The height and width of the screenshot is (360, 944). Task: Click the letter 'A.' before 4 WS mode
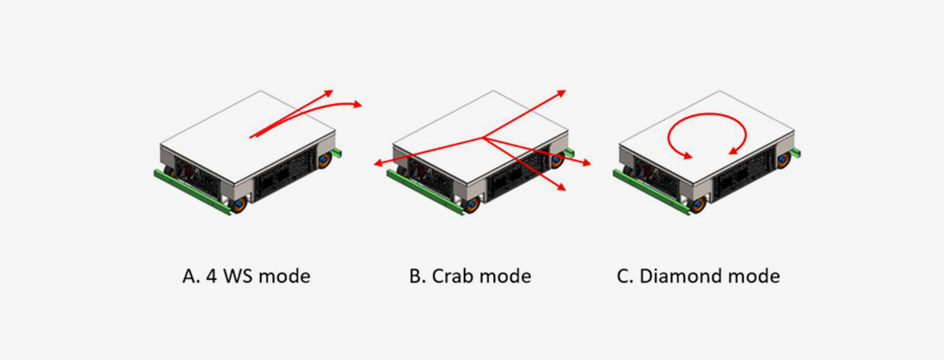click(190, 277)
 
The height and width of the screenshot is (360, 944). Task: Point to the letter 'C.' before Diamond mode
click(625, 277)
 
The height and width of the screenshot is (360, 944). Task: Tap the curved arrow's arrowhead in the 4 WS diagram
click(357, 104)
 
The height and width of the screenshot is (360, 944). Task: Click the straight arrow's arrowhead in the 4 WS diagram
click(330, 93)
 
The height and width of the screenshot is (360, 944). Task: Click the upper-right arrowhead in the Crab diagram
click(562, 91)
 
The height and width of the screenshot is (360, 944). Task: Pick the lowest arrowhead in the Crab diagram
click(563, 189)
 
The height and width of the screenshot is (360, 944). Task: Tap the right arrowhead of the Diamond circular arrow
click(731, 152)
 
